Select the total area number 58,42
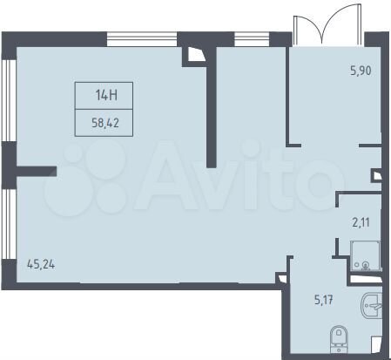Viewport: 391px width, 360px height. [107, 124]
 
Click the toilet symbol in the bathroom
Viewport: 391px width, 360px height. [338, 337]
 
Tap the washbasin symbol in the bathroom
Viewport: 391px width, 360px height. [369, 307]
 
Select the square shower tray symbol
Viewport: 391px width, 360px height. [363, 254]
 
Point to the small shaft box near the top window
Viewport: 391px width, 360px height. [192, 55]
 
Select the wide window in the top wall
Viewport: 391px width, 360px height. [142, 38]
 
